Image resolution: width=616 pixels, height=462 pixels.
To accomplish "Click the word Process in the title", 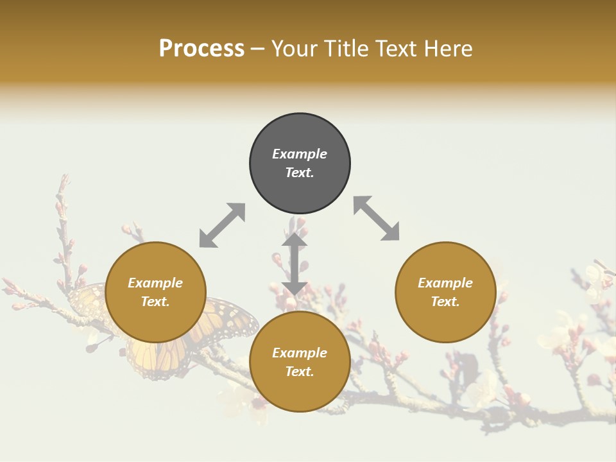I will [201, 49].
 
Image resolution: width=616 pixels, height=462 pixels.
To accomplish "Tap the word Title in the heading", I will [344, 49].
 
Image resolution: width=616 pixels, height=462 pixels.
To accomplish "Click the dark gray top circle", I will [300, 163].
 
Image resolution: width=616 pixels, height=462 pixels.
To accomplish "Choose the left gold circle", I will [155, 292].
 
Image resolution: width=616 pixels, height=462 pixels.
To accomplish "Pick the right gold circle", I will [445, 292].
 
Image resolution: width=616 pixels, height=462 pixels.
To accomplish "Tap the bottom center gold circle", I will [300, 362].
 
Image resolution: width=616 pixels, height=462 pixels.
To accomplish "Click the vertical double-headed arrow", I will [295, 264].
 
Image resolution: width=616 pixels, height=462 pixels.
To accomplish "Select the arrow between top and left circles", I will [222, 225].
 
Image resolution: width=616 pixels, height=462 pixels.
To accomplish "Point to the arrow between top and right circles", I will [377, 219].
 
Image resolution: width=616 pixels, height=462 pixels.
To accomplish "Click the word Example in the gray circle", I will [300, 154].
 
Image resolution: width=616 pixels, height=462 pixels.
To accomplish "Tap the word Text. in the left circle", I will [155, 302].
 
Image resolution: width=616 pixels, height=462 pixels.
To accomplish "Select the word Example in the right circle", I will [445, 283].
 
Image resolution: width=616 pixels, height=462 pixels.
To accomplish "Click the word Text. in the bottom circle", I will [300, 372].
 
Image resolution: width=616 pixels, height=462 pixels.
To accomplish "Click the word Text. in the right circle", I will [445, 302].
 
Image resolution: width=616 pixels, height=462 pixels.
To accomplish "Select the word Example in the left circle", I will [155, 283].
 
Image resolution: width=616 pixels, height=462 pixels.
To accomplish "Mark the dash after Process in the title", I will [258, 49].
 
